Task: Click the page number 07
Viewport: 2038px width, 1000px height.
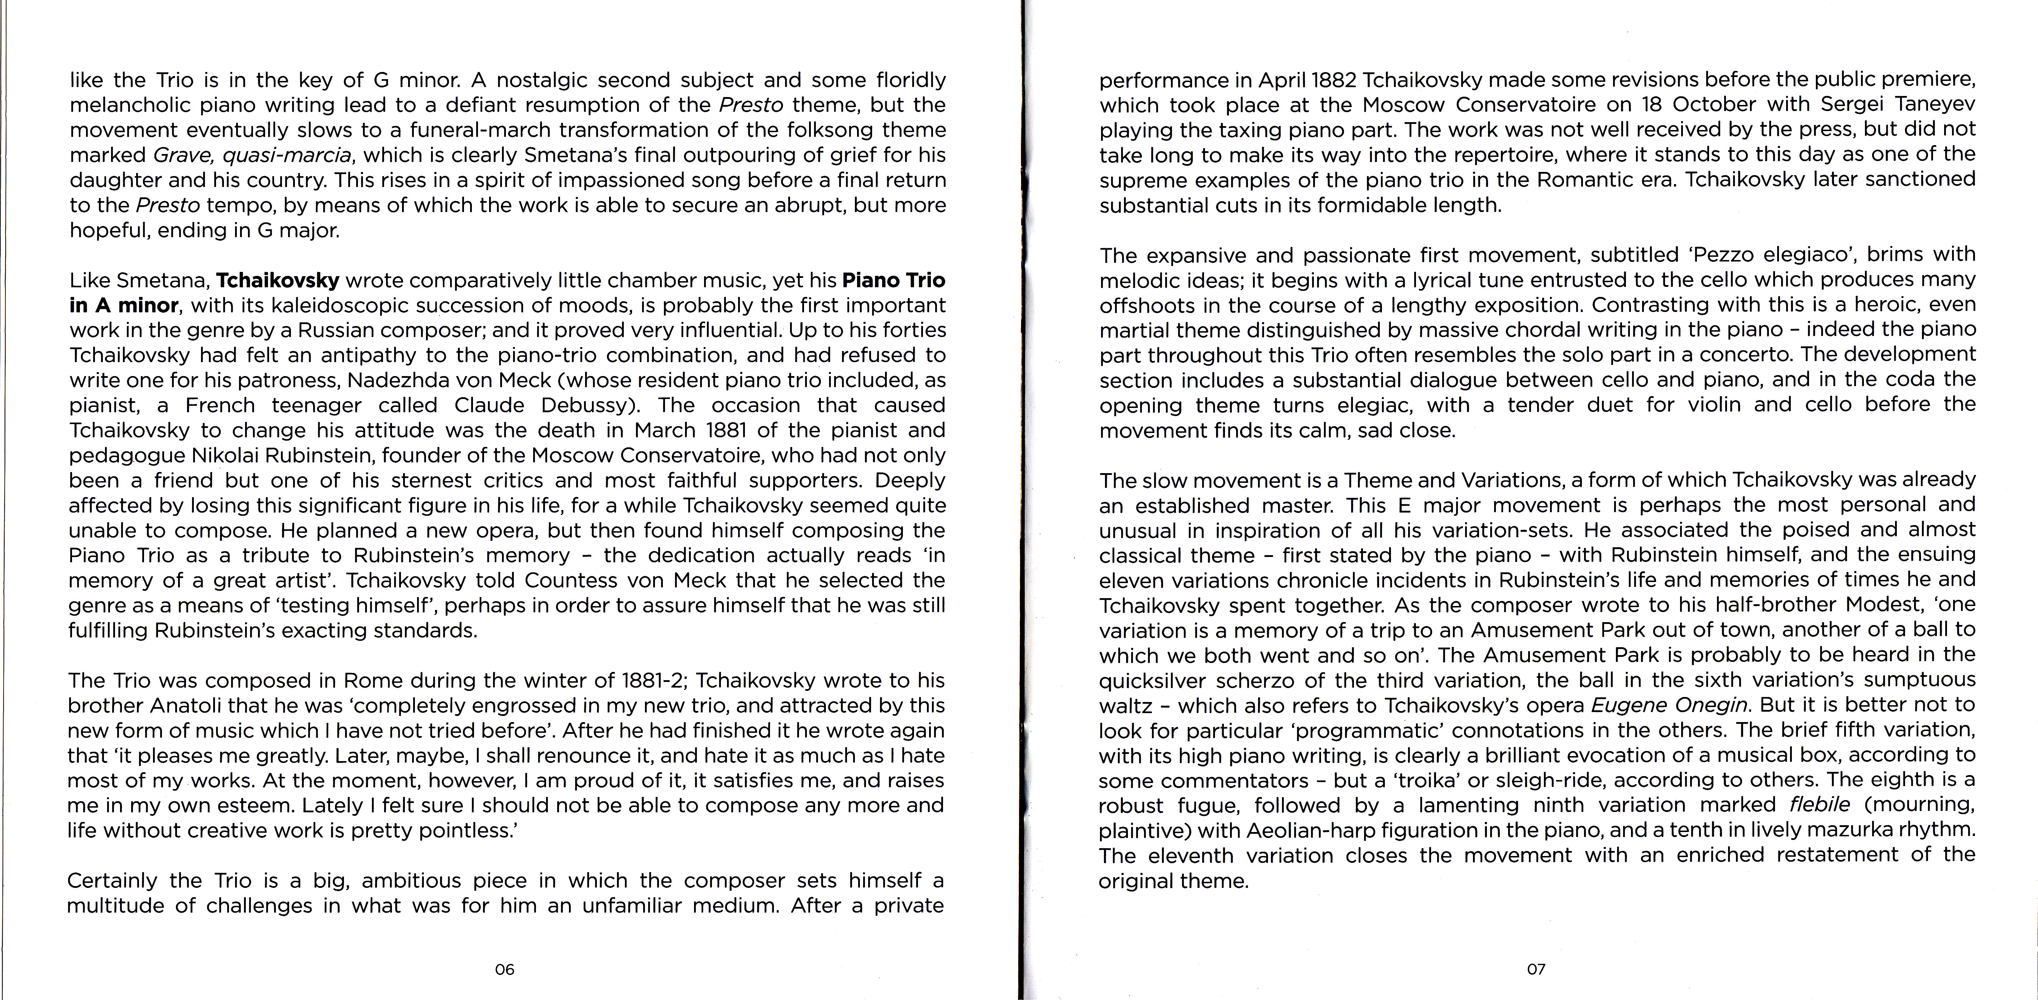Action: coord(1536,969)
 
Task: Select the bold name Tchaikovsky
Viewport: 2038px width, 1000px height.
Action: coord(278,280)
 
